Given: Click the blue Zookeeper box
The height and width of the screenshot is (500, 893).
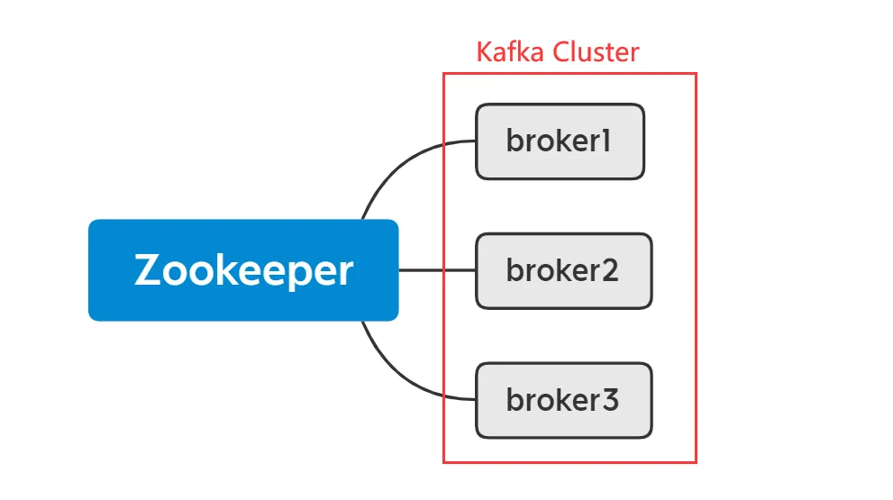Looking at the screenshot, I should (243, 270).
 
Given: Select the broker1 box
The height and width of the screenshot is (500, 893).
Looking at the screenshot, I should (560, 141).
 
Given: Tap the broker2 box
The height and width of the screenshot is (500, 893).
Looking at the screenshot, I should (563, 271).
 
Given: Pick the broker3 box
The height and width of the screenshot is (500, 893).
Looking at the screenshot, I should (563, 400).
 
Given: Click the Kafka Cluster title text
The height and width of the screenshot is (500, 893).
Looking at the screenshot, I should (558, 51).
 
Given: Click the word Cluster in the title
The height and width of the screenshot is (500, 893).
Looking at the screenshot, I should (597, 51).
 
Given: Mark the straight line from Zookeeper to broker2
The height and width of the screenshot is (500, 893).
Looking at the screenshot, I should (437, 269).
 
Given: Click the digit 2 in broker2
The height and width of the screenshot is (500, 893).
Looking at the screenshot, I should (610, 271).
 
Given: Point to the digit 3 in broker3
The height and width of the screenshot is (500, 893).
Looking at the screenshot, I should (610, 400).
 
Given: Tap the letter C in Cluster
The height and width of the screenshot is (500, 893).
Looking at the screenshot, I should (561, 51).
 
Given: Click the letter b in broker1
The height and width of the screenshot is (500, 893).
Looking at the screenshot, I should (515, 141).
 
